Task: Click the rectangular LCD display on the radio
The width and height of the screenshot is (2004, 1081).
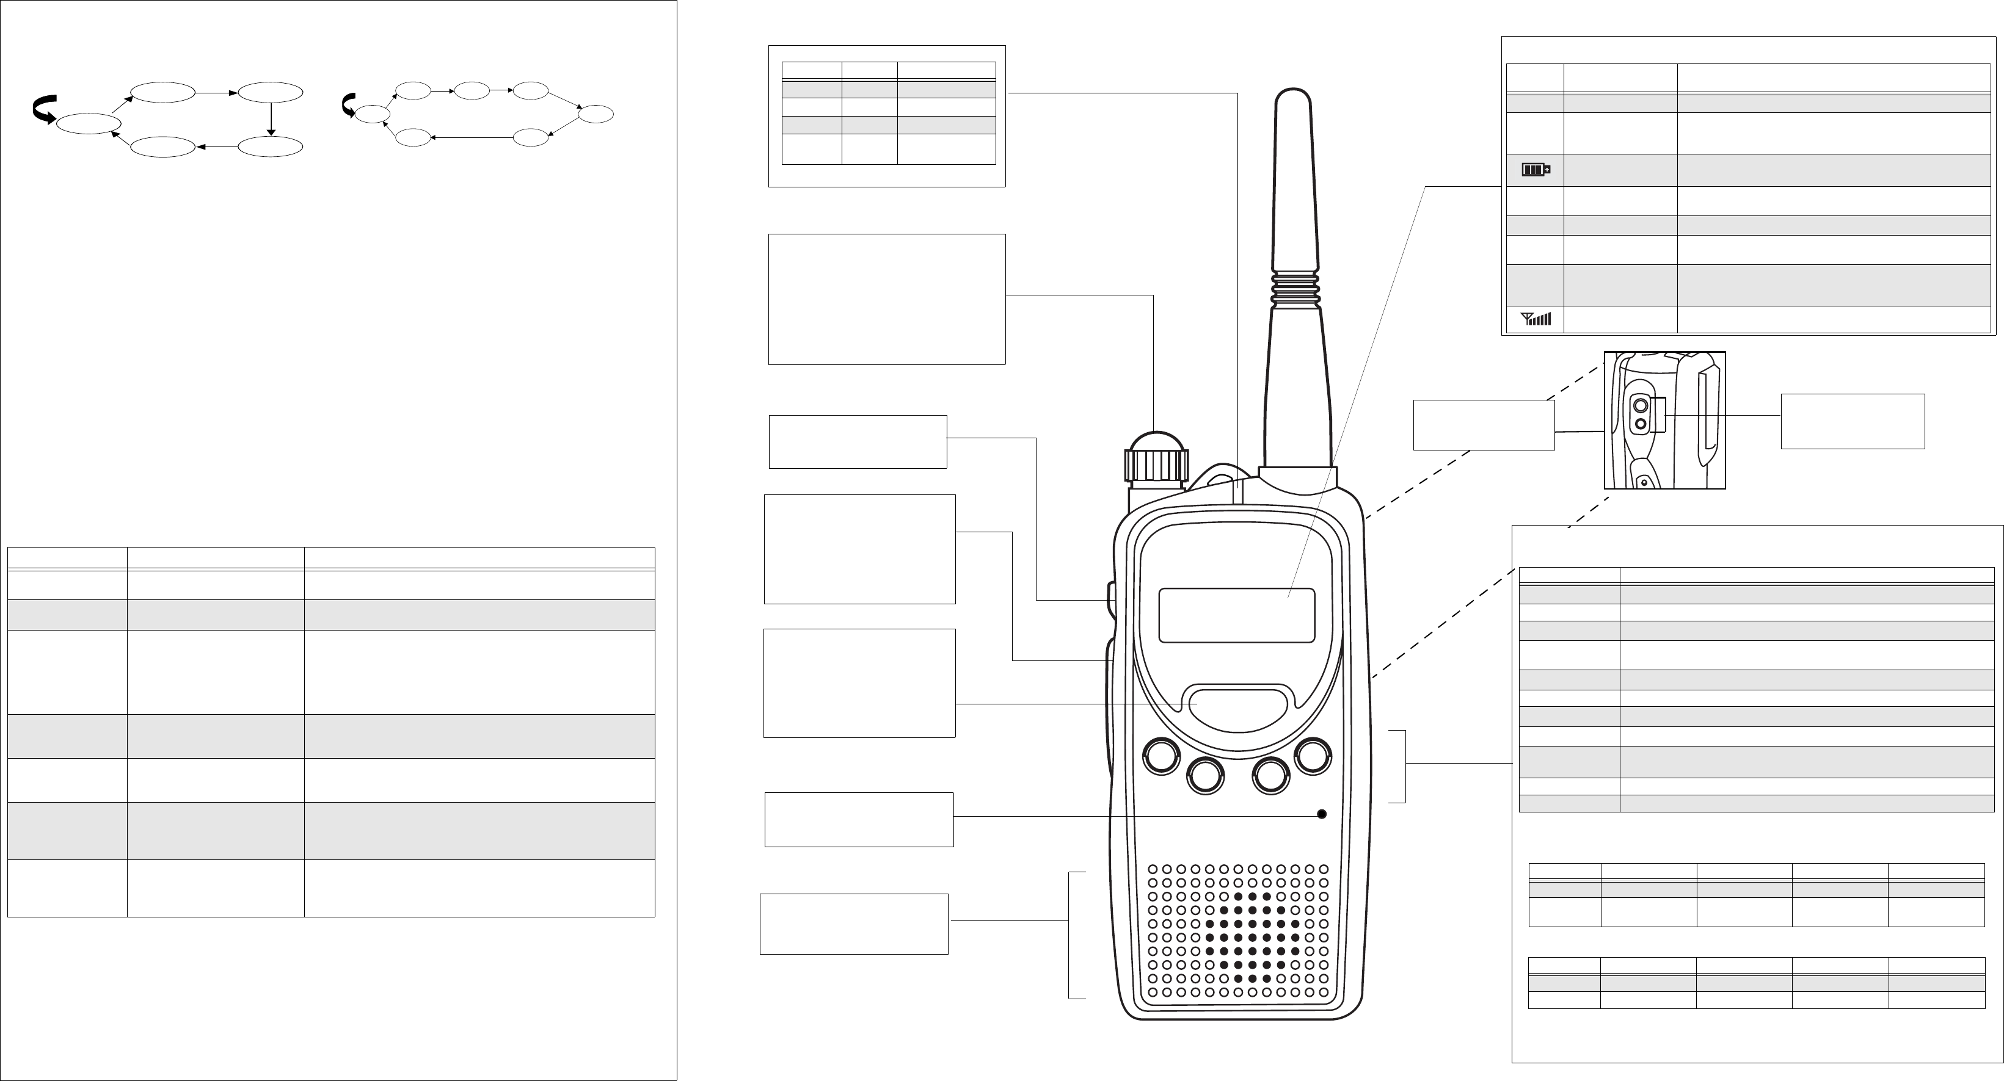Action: [x=1236, y=615]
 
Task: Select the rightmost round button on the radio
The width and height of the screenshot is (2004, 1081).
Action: [x=1313, y=756]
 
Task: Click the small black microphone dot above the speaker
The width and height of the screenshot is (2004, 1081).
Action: [x=1321, y=814]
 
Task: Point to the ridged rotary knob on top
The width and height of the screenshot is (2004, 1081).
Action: [x=1156, y=465]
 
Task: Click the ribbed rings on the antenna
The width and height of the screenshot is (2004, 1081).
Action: [x=1295, y=289]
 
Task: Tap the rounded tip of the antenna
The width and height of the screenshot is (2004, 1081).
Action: [x=1294, y=101]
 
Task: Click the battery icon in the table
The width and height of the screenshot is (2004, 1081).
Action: [x=1536, y=170]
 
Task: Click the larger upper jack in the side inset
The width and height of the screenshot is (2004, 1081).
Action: [x=1641, y=405]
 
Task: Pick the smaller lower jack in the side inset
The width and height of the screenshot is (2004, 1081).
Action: [x=1641, y=423]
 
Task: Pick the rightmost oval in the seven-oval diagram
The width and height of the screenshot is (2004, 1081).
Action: [x=597, y=114]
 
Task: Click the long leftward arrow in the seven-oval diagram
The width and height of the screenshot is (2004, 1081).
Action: [x=472, y=138]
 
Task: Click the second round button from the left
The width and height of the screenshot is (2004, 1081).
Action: [x=1205, y=775]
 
